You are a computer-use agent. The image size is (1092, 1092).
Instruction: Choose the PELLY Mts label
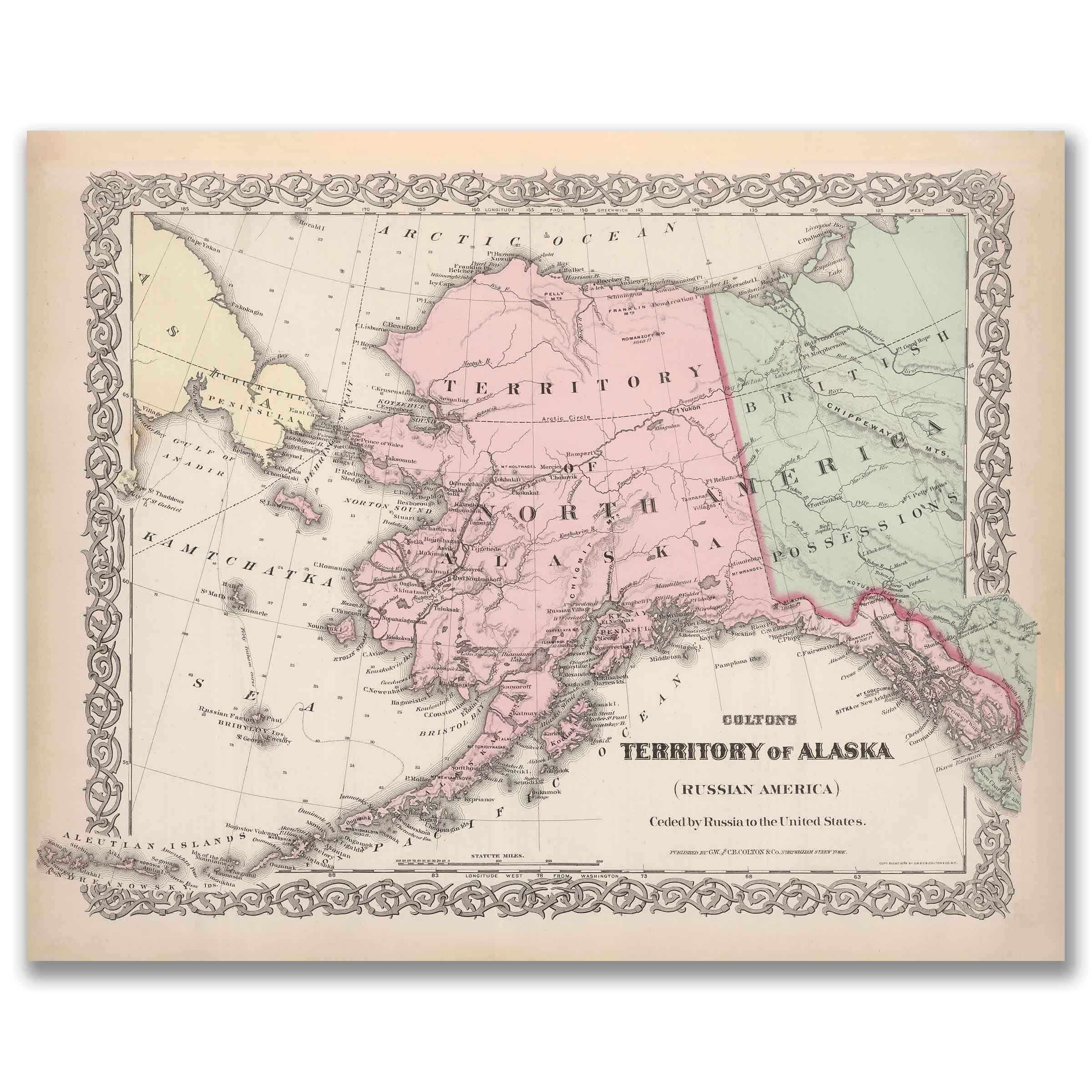pyautogui.click(x=553, y=297)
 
